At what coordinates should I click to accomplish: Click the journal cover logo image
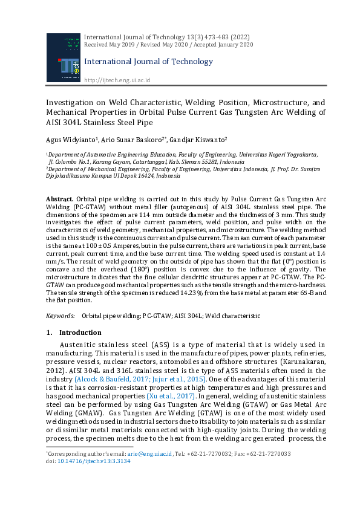pos(62,57)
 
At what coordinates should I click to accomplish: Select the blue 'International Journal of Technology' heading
pos(148,61)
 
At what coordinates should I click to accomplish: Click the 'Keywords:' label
pos(61,316)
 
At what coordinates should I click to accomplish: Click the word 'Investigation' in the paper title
pos(70,103)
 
